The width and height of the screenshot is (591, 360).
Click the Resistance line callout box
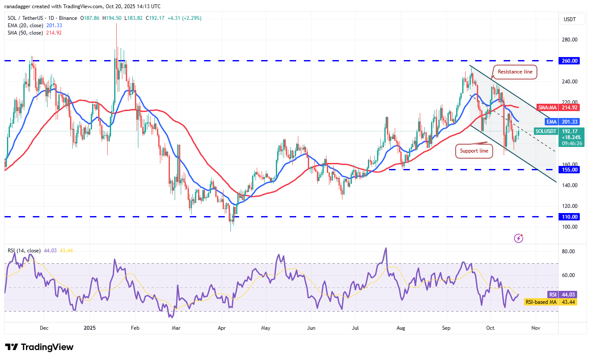pyautogui.click(x=515, y=72)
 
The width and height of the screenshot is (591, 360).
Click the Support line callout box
pyautogui.click(x=474, y=151)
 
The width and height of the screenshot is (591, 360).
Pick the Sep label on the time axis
pyautogui.click(x=446, y=328)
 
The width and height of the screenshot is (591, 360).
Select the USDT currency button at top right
pyautogui.click(x=570, y=19)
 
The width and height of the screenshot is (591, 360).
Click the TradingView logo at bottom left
pyautogui.click(x=39, y=347)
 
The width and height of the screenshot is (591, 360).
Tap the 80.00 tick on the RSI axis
pyautogui.click(x=569, y=251)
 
